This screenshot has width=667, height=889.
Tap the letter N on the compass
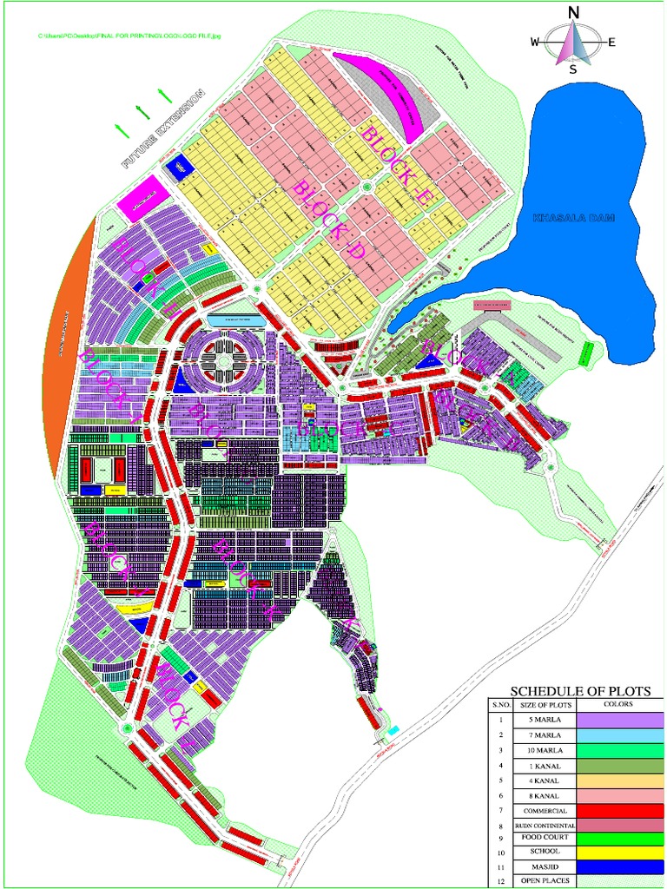pyautogui.click(x=573, y=12)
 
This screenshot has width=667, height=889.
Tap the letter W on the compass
pyautogui.click(x=536, y=42)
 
